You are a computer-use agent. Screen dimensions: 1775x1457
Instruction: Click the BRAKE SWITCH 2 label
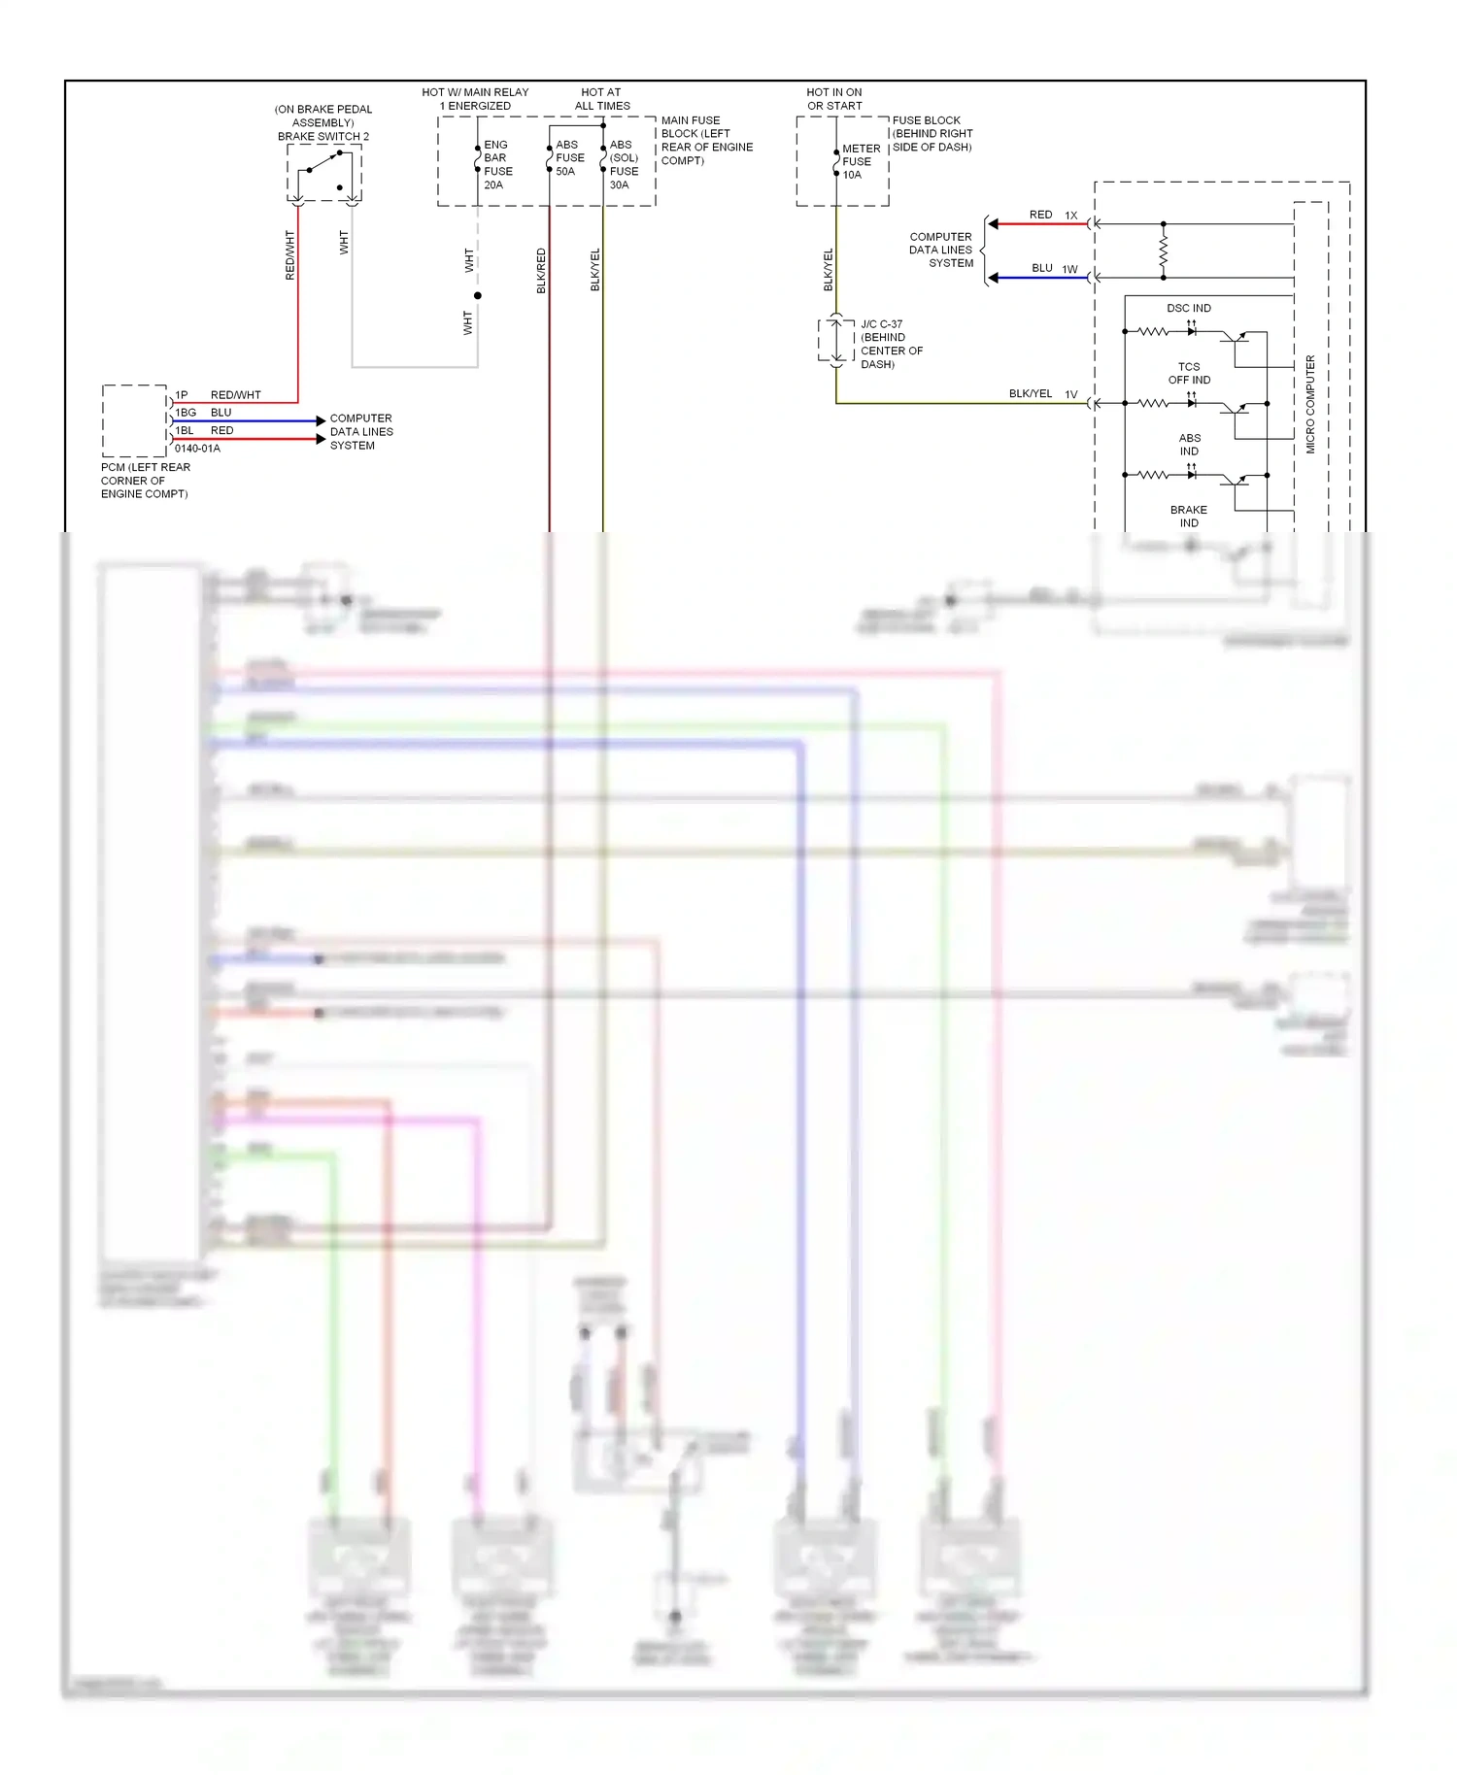pyautogui.click(x=323, y=137)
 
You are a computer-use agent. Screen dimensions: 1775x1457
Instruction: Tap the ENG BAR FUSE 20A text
pyautogui.click(x=497, y=164)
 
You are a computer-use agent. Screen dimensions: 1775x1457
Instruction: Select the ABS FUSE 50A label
pyautogui.click(x=569, y=158)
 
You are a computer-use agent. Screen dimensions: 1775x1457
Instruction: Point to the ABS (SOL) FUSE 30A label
pyautogui.click(x=624, y=164)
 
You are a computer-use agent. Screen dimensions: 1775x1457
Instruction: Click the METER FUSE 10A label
pyautogui.click(x=861, y=162)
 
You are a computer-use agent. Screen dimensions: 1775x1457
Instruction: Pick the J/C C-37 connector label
pyautogui.click(x=881, y=324)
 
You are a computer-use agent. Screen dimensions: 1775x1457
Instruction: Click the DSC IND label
pyautogui.click(x=1189, y=309)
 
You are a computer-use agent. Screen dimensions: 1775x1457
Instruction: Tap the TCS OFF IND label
pyautogui.click(x=1189, y=374)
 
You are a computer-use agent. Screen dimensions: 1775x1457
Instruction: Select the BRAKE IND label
pyautogui.click(x=1189, y=517)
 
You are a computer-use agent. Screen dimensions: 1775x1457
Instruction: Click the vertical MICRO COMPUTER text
pyautogui.click(x=1310, y=404)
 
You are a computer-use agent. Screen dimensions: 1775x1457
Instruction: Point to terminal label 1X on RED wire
pyautogui.click(x=1071, y=216)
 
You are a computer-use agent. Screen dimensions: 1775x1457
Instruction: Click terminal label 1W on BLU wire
pyautogui.click(x=1069, y=269)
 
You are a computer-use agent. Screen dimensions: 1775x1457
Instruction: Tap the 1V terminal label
pyautogui.click(x=1070, y=394)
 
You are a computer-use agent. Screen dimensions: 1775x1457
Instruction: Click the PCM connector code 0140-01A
pyautogui.click(x=197, y=449)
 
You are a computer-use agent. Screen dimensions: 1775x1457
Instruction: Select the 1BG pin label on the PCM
pyautogui.click(x=186, y=413)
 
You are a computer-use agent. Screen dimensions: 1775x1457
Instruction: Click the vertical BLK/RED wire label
pyautogui.click(x=541, y=271)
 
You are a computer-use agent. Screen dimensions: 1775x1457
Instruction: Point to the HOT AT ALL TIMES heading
pyautogui.click(x=601, y=99)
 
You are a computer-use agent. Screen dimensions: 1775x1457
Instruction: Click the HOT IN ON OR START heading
pyautogui.click(x=834, y=99)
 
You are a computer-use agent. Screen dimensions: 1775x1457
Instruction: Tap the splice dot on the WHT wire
pyautogui.click(x=477, y=295)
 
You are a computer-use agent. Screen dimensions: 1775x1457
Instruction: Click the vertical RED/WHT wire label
pyautogui.click(x=289, y=255)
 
